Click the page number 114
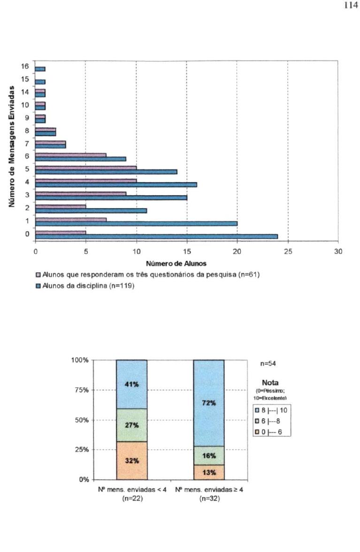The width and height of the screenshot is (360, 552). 351,5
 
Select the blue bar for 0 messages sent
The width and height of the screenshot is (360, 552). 156,237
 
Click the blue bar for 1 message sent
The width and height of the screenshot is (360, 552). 136,223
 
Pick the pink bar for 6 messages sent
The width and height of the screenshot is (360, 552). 71,155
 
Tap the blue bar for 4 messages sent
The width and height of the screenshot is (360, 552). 116,184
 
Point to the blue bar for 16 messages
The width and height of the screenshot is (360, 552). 40,69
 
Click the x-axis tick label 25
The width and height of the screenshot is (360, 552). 288,252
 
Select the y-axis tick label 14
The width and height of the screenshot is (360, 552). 24,92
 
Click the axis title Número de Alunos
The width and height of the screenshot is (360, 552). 176,263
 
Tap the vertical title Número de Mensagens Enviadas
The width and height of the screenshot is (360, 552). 12,146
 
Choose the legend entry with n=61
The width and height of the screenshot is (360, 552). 148,275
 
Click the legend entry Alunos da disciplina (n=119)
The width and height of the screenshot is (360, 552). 85,286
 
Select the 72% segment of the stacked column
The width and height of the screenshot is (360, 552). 209,403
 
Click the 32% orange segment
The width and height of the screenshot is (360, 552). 131,460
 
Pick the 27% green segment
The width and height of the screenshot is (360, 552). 131,425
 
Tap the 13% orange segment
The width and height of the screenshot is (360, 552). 209,472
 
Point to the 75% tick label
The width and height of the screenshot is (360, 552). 81,390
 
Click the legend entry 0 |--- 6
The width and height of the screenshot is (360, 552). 268,432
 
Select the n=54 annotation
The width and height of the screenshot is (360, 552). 268,364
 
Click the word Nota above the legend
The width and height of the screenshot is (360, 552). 270,383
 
